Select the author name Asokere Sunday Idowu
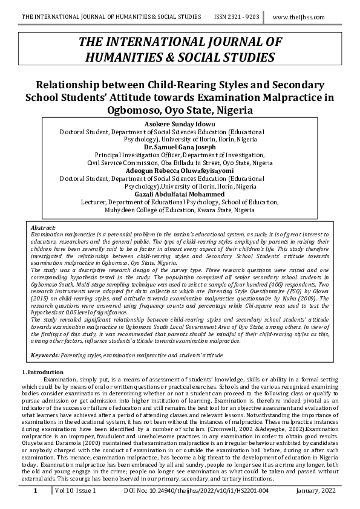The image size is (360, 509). click(x=180, y=123)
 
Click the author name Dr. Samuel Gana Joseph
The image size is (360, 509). click(x=180, y=147)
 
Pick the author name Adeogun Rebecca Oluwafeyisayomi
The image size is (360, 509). click(x=180, y=170)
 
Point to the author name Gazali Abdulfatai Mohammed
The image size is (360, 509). click(x=180, y=194)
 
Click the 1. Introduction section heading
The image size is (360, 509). click(x=42, y=372)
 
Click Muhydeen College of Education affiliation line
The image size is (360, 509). click(x=180, y=210)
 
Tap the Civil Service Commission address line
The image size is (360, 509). click(x=180, y=163)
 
